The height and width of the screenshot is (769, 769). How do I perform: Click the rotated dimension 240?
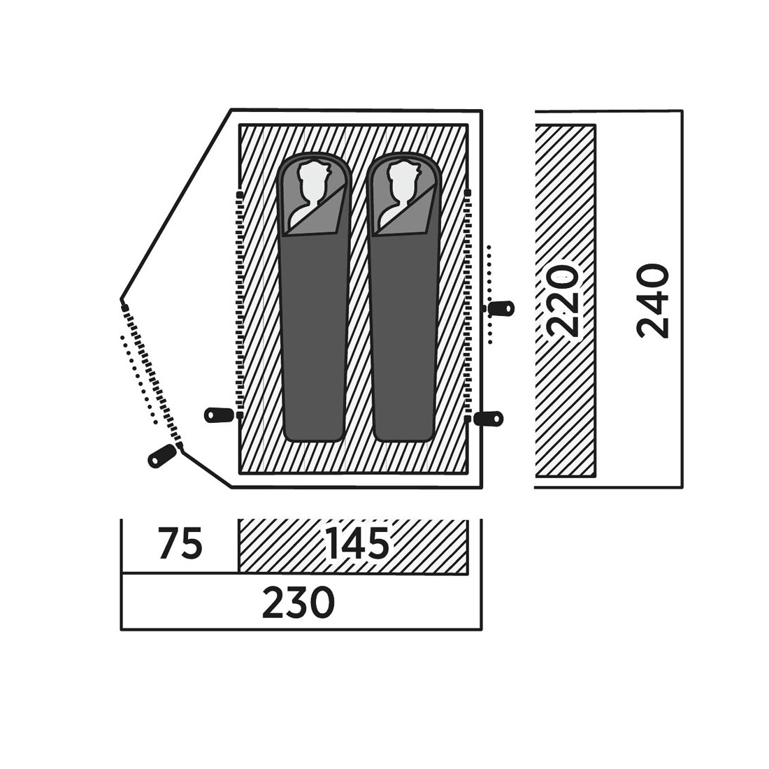coord(653,301)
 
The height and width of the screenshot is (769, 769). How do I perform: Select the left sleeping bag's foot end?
coord(313,431)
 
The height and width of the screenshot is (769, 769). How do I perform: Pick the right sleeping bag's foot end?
coord(403,431)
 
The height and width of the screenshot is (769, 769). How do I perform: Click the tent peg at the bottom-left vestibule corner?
coord(162,456)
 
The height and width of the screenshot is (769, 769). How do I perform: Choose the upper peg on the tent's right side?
coord(500,308)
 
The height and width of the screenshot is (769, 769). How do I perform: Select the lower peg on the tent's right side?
coord(488,418)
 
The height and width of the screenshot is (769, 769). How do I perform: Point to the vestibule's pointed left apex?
coord(121,299)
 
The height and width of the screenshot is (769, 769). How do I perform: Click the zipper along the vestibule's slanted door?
coord(152,375)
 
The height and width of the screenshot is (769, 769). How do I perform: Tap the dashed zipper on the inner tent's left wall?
coord(239,305)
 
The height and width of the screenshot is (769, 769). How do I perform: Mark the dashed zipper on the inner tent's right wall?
coord(468,305)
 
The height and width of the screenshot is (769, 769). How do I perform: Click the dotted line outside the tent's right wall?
coord(489,294)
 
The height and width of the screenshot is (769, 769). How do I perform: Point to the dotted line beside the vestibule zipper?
coord(139,380)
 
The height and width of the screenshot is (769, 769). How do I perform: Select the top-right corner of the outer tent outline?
coord(482,111)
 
